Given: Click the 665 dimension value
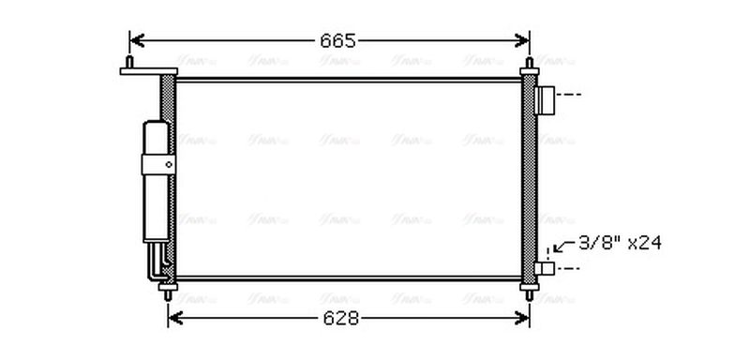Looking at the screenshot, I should coord(337,40).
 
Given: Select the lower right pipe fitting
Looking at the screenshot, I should coord(544,268).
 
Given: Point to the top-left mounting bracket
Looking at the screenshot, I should coord(142,68).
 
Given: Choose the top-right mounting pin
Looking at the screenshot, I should coord(530,67).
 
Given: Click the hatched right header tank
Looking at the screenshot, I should coord(529,178).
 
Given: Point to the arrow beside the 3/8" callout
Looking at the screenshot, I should coord(561,247).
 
